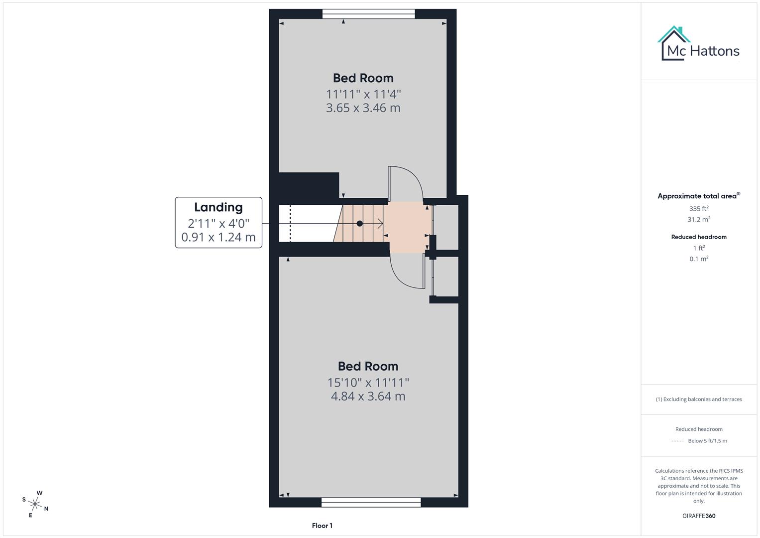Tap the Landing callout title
218,207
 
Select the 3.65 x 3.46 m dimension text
363,108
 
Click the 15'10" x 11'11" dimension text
368,382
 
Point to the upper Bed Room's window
368,14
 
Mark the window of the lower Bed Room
371,502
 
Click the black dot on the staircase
359,224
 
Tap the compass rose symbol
36,504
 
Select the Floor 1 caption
322,526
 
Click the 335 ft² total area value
699,209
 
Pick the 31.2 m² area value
699,219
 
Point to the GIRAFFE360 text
699,516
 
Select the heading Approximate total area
698,196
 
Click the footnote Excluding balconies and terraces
699,399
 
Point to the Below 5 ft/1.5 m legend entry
707,441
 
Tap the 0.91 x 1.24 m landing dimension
218,237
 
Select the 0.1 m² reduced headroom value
699,259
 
